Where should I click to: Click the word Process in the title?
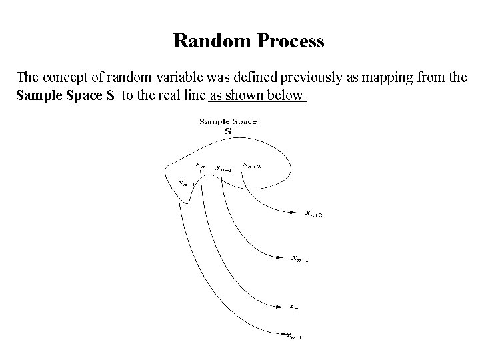[288, 41]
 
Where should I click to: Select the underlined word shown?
[247, 95]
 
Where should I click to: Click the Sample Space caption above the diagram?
[228, 121]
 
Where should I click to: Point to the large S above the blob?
[228, 131]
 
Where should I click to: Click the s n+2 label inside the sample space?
[252, 164]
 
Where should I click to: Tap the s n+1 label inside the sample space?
[224, 169]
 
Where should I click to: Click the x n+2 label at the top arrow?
[313, 214]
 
